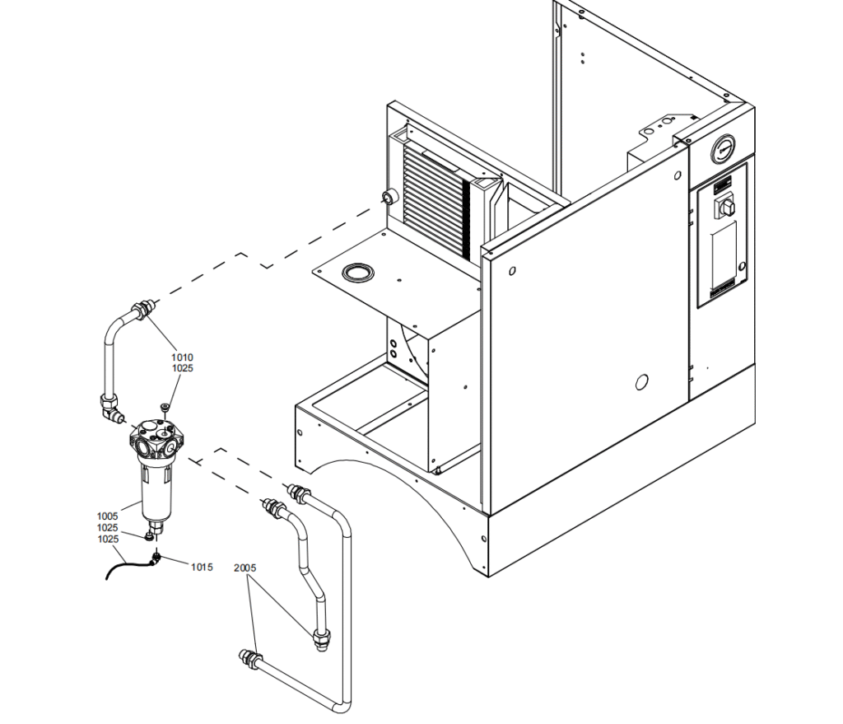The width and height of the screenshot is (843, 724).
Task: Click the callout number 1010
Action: coord(182,357)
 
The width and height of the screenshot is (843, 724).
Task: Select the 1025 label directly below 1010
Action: coord(182,368)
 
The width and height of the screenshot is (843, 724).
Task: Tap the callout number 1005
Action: coord(107,516)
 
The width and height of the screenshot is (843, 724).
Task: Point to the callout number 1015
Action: coord(202,567)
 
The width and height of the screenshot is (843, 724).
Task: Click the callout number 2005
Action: coord(245,568)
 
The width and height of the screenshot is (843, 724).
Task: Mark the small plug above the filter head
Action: coord(165,407)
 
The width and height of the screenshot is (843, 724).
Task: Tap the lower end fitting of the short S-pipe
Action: coord(320,638)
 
